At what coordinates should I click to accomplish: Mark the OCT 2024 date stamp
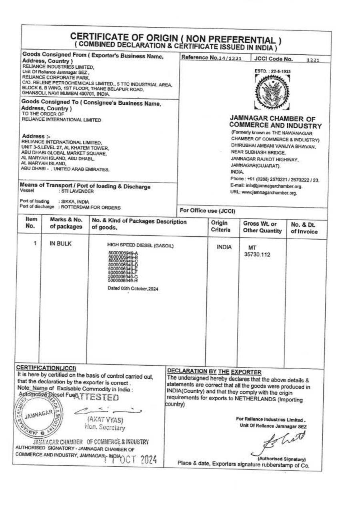[x=126, y=460]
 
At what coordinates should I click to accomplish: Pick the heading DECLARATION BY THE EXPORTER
[x=212, y=372]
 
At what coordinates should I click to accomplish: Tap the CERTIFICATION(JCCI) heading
[x=47, y=368]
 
